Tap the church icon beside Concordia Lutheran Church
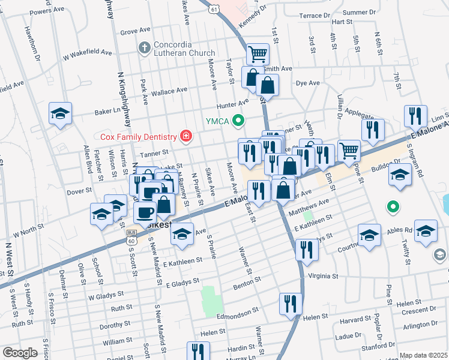[x=143, y=47]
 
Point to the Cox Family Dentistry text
[x=139, y=137]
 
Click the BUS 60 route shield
[x=131, y=237]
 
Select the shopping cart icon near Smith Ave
[x=258, y=55]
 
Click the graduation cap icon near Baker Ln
[x=61, y=113]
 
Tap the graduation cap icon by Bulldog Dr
[x=400, y=175]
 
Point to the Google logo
[x=20, y=353]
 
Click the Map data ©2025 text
[x=423, y=355]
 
